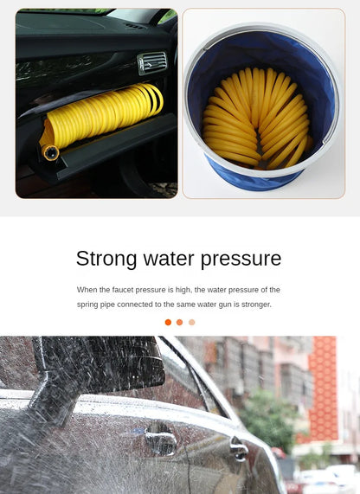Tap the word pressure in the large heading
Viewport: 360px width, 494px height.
click(241, 259)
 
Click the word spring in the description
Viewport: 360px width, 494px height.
click(88, 305)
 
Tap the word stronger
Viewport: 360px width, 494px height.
click(255, 305)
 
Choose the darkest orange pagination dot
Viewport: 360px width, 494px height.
click(168, 322)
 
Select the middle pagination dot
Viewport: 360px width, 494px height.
click(180, 322)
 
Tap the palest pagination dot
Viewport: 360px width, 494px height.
click(192, 322)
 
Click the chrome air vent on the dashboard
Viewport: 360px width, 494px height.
click(152, 62)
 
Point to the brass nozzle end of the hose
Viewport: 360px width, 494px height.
click(50, 153)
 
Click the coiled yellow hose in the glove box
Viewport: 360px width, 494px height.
click(104, 114)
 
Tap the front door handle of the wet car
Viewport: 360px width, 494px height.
click(160, 442)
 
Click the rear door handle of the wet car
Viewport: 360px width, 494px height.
click(238, 449)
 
